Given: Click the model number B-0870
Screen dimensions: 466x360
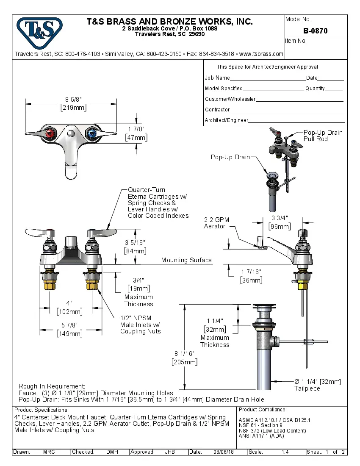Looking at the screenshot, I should tap(316, 31).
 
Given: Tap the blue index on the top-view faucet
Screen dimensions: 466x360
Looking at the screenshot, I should tap(92, 135).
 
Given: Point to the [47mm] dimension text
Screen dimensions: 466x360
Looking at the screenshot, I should tap(136, 138).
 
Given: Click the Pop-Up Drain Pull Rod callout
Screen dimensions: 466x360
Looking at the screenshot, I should tap(323, 136).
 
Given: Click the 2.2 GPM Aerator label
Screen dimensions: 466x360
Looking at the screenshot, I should tap(216, 223).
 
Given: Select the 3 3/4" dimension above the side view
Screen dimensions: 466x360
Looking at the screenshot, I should tap(280, 218).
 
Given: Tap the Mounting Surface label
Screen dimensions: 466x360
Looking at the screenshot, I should tap(186, 260).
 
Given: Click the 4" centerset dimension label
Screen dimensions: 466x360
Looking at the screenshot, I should tap(69, 303).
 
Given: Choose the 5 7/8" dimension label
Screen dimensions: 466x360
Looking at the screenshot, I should tap(69, 325).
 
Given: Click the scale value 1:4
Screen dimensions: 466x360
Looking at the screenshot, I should tap(285, 452).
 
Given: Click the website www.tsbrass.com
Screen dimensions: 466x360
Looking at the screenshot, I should tap(261, 54).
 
